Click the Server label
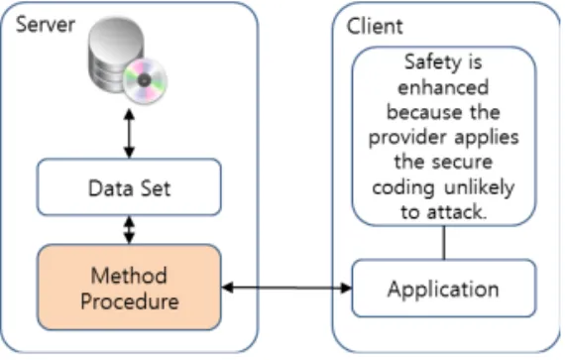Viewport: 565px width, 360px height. pos(46,25)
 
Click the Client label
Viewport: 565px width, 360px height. pos(375,27)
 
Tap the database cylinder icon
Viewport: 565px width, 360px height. pos(116,55)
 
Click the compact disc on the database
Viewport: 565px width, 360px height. pos(145,80)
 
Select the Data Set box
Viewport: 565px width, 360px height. pos(129,187)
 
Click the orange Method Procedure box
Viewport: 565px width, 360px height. pos(129,288)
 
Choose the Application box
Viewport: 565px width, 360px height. pos(443,289)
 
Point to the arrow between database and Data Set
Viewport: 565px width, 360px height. pos(129,134)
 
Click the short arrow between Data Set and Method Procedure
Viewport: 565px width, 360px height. pos(129,230)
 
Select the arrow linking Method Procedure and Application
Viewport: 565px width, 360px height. pos(286,288)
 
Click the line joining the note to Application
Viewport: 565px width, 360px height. pos(444,243)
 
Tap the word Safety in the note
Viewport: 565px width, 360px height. pos(432,62)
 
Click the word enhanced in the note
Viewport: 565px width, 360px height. pos(443,87)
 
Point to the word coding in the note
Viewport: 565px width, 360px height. pos(402,188)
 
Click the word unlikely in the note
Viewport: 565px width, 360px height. pos(479,187)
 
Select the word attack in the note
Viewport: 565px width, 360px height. pos(457,212)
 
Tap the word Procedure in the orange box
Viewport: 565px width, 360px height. pos(130,301)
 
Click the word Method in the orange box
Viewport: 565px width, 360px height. pos(129,276)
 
